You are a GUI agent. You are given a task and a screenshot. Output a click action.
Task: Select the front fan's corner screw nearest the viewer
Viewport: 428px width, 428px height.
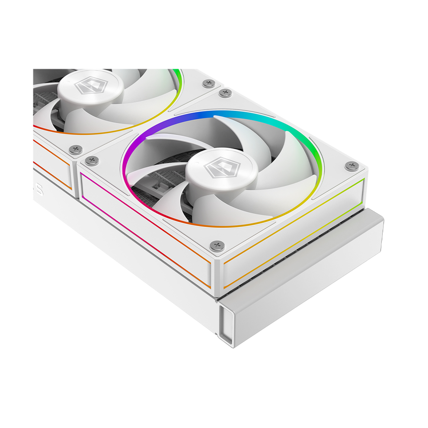click(217, 246)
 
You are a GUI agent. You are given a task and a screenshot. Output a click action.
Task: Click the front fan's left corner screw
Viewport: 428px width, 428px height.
click(92, 160)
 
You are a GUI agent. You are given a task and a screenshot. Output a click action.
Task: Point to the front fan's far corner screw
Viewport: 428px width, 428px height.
click(225, 93)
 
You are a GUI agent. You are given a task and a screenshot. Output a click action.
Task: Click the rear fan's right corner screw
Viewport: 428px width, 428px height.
click(209, 83)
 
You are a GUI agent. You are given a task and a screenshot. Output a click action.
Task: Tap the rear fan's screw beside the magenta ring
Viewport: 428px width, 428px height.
click(76, 150)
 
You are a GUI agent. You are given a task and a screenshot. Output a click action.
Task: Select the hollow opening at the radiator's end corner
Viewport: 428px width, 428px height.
click(228, 320)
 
